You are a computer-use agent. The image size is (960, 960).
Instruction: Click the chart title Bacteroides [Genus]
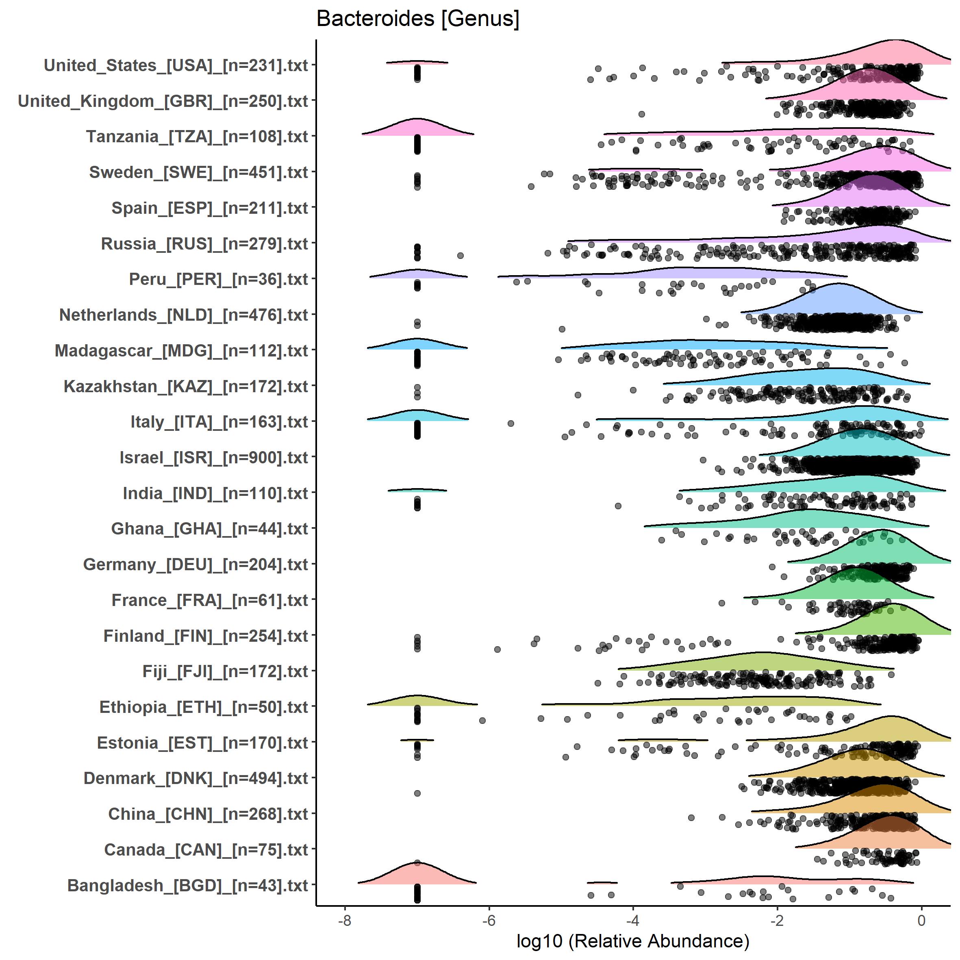pyautogui.click(x=417, y=19)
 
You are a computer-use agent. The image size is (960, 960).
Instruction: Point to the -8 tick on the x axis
pyautogui.click(x=344, y=921)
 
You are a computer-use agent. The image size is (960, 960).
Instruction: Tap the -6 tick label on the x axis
pyautogui.click(x=489, y=921)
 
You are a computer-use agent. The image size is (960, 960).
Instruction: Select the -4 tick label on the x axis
pyautogui.click(x=632, y=921)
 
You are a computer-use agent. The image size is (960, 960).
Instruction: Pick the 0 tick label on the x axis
pyautogui.click(x=921, y=921)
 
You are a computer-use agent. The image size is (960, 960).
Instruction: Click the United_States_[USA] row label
pyautogui.click(x=176, y=65)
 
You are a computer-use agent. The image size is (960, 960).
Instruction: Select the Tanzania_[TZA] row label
pyautogui.click(x=197, y=137)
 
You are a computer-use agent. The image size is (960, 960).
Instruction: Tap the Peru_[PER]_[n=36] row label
pyautogui.click(x=219, y=279)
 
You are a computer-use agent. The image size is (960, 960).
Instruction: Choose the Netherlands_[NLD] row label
pyautogui.click(x=183, y=315)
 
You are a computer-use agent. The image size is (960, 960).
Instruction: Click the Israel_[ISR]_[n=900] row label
pyautogui.click(x=214, y=458)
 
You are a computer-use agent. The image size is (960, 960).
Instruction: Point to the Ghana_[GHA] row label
pyautogui.click(x=210, y=529)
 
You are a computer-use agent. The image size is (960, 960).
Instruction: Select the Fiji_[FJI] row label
pyautogui.click(x=225, y=671)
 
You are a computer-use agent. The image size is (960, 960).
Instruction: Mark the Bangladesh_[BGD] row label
pyautogui.click(x=187, y=886)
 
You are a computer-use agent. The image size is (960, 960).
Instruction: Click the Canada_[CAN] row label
pyautogui.click(x=206, y=850)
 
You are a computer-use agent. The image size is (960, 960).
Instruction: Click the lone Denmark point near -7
pyautogui.click(x=417, y=793)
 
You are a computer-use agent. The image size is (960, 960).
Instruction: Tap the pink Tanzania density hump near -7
pyautogui.click(x=417, y=128)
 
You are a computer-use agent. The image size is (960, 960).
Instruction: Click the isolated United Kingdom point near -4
pyautogui.click(x=641, y=114)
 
